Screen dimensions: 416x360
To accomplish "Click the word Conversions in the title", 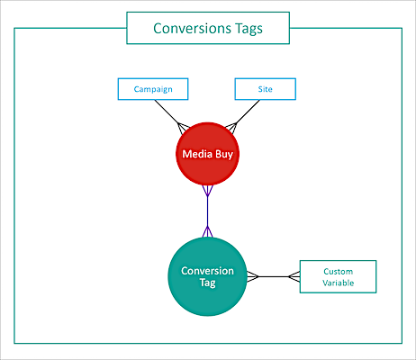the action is click(x=192, y=29).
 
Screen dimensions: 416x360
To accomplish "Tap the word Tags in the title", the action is click(x=249, y=29).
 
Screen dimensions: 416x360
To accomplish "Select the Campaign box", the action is click(x=153, y=89).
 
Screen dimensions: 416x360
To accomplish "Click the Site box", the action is click(x=266, y=89).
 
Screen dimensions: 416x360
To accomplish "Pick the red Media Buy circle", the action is click(x=207, y=154).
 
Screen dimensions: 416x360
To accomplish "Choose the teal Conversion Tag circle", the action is click(x=207, y=276).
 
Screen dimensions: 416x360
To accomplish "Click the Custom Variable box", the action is click(x=338, y=276).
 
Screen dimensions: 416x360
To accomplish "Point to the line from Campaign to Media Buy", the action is click(x=170, y=115).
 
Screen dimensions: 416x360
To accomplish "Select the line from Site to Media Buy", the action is click(x=242, y=116).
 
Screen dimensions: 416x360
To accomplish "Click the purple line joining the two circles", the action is click(x=207, y=211).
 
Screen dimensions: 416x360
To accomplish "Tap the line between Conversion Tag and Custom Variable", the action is click(x=273, y=276).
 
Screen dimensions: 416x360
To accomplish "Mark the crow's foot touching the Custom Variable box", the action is click(x=294, y=276).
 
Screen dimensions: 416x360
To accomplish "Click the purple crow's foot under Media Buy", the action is click(x=207, y=191).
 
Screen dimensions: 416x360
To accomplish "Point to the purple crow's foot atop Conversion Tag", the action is click(x=207, y=232).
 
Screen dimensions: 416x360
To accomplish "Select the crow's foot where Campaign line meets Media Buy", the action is click(x=183, y=128).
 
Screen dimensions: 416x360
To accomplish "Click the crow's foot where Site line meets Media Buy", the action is click(x=231, y=128).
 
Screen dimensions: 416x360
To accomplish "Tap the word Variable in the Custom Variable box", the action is click(x=339, y=283).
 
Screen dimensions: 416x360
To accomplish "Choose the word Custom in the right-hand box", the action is click(x=339, y=272).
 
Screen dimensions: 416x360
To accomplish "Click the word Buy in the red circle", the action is click(x=224, y=155).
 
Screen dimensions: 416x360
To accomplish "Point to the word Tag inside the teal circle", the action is click(x=208, y=283).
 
